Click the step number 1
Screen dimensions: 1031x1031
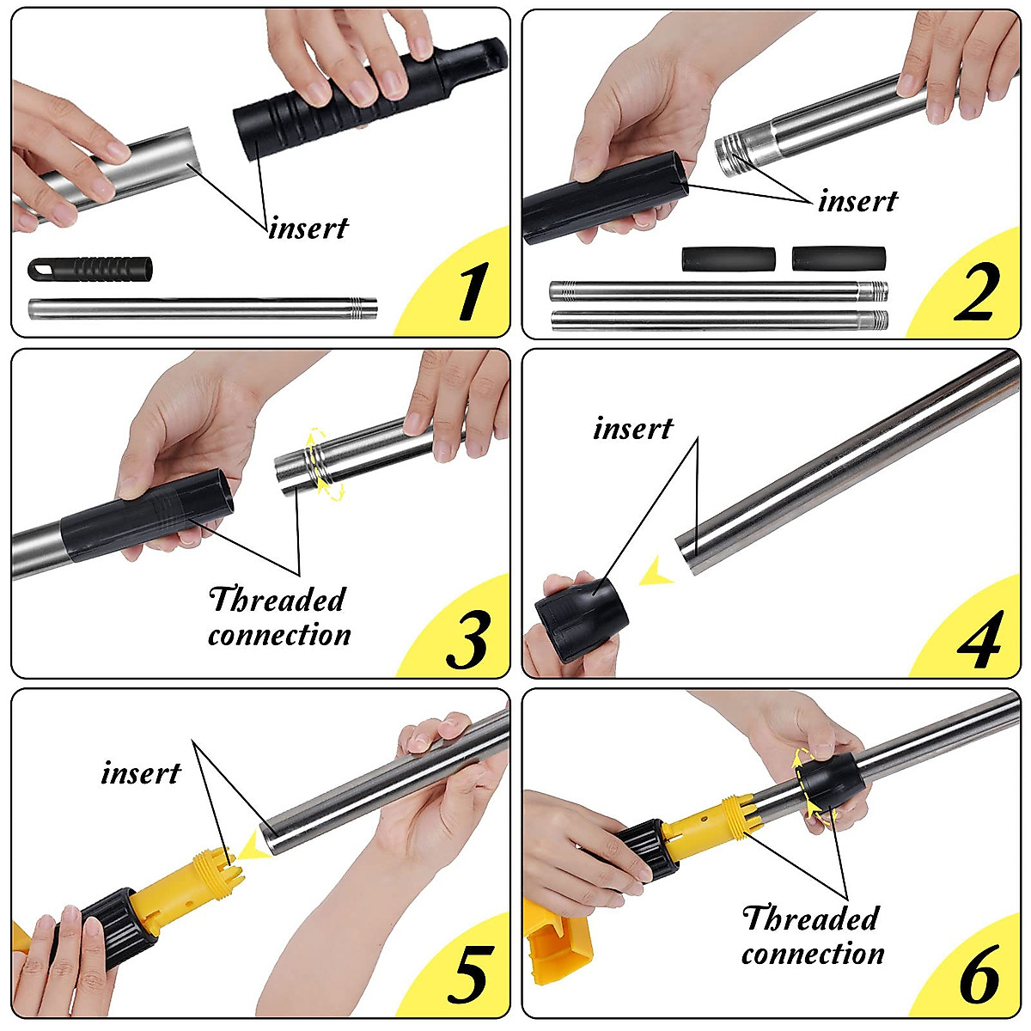click(x=473, y=291)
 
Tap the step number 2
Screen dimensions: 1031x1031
click(x=977, y=293)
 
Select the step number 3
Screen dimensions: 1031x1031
click(x=467, y=639)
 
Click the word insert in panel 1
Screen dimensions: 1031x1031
click(x=308, y=228)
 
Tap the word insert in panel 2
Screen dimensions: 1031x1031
click(x=857, y=201)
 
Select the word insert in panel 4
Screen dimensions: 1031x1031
click(x=633, y=429)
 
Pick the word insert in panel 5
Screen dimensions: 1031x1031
click(x=141, y=773)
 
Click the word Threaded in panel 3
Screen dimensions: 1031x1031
click(x=278, y=599)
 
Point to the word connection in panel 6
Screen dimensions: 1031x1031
click(x=813, y=967)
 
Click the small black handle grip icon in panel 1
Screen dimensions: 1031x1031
click(x=90, y=269)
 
